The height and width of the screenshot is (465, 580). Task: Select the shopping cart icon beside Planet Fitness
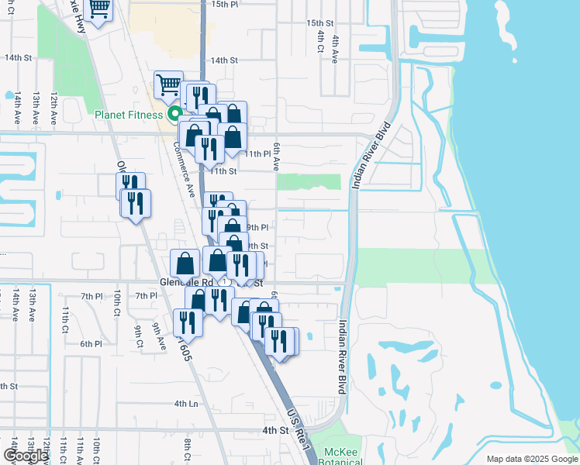(168, 85)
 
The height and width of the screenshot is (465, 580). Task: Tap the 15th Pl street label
(223, 4)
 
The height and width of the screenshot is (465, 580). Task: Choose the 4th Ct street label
(319, 43)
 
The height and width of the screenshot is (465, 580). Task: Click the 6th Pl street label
(91, 343)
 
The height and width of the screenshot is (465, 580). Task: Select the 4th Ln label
(186, 404)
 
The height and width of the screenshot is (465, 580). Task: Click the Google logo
(26, 456)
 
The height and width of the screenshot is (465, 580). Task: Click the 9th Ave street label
(159, 336)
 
